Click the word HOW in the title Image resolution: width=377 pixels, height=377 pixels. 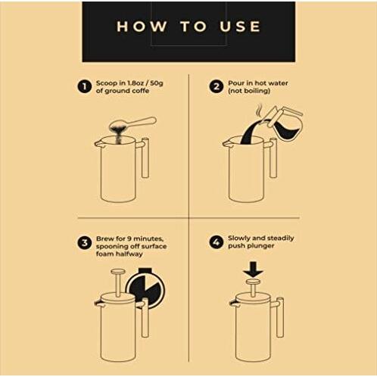pos(142,26)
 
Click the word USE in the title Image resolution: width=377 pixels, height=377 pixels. pos(240,26)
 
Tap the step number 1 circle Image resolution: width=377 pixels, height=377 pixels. pos(84,86)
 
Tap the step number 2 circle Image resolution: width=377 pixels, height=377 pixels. pos(217,86)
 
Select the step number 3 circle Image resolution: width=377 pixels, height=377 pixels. pos(84,243)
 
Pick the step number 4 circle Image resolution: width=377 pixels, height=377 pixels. pos(217,242)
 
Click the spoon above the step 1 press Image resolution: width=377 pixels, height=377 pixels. pos(132,123)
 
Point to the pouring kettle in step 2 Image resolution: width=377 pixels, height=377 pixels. pos(282,123)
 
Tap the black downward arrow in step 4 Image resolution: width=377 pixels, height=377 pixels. pos(254,270)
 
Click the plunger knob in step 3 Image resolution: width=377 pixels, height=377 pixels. pos(118,272)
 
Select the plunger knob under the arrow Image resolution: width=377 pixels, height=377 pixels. pos(254,282)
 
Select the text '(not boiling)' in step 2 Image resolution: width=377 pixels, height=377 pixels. pos(249,91)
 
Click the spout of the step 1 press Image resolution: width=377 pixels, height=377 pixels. pos(98,144)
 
